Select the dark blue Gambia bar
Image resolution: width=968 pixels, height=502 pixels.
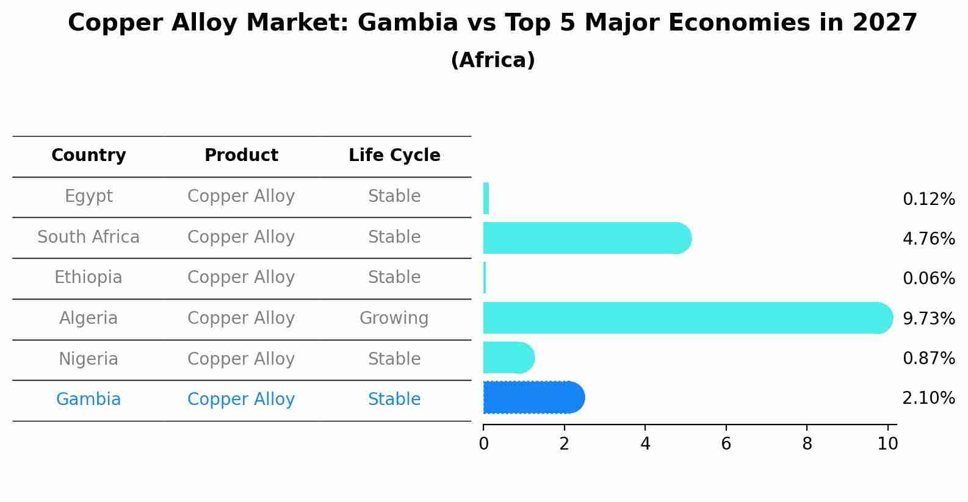pos(531,398)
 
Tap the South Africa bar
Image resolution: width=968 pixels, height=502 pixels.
pos(583,238)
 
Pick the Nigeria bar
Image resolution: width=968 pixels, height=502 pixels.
pos(507,357)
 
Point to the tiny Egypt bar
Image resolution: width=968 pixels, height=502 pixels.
pos(486,198)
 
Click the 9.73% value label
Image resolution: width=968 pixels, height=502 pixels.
pos(928,318)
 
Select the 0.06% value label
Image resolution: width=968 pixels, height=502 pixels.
pos(928,279)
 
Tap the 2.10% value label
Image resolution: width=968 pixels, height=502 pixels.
pos(928,398)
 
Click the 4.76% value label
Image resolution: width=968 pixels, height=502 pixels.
pos(928,238)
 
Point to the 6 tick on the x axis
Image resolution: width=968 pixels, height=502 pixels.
pos(726,443)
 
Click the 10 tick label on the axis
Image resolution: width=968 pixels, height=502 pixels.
pos(887,443)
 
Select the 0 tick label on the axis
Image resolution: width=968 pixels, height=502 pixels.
pos(483,443)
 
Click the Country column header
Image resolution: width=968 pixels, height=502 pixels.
pos(88,156)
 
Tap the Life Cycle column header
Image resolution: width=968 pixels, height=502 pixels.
pos(394,156)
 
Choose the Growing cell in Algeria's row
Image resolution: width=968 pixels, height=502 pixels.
pos(394,318)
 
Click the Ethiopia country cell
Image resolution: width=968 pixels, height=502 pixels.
pos(88,278)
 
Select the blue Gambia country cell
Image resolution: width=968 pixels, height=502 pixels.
pos(88,400)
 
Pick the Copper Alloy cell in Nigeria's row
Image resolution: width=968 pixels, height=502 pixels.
pos(241,359)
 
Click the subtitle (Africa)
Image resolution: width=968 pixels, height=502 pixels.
pos(493,60)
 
